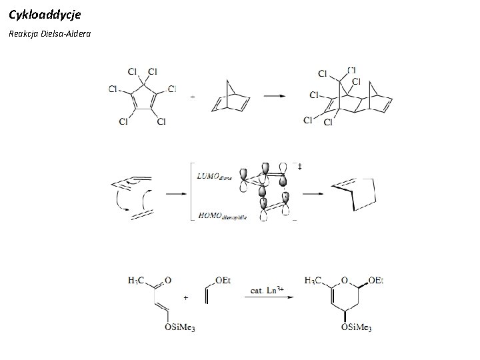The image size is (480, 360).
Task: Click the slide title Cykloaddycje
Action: [45, 13]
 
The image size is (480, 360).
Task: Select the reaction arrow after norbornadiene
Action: [274, 96]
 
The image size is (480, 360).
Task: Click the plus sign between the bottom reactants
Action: [185, 297]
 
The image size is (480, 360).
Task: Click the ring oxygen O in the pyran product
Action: [346, 280]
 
